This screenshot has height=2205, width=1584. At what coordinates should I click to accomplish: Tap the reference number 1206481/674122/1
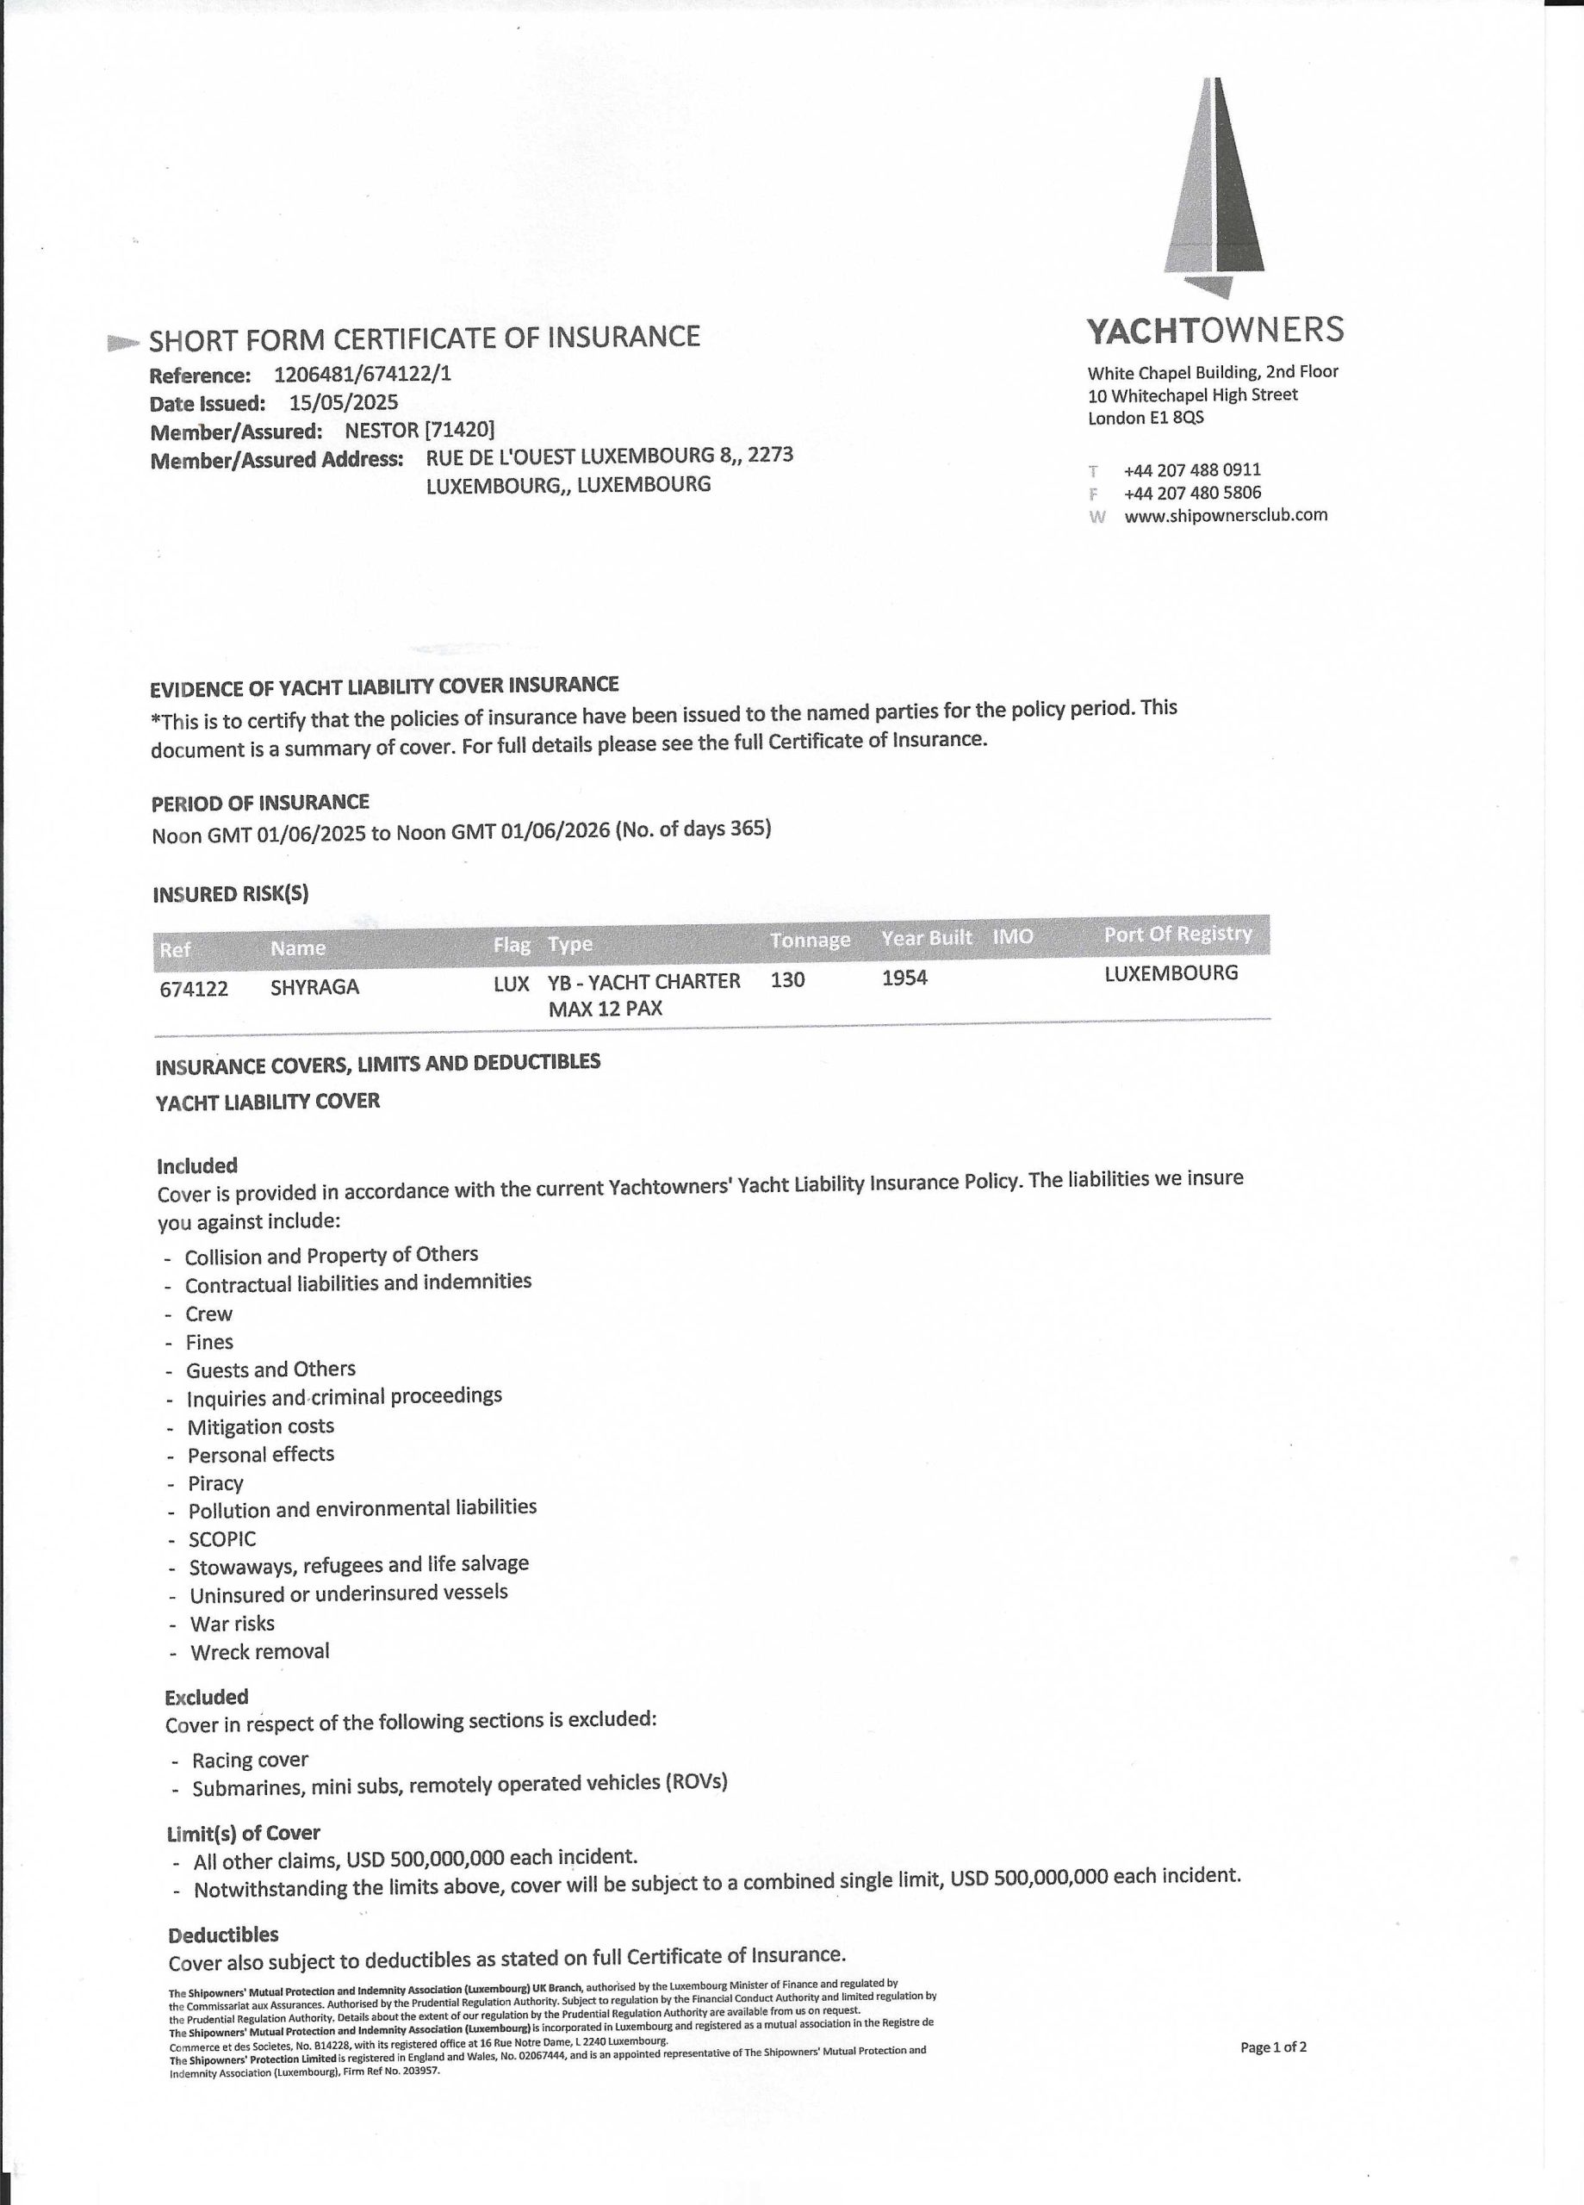click(363, 375)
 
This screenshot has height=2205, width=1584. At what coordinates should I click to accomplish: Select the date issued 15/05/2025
click(344, 402)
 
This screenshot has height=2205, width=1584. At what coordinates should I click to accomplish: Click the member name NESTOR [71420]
click(419, 431)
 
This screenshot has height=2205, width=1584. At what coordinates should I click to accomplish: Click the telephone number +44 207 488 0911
click(1192, 469)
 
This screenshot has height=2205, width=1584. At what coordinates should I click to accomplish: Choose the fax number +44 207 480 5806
click(1192, 493)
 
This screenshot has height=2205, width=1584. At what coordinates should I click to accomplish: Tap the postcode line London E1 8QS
click(1146, 418)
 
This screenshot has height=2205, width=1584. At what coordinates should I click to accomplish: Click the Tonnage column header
click(810, 940)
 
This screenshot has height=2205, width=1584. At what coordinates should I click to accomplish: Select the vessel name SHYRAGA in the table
click(315, 987)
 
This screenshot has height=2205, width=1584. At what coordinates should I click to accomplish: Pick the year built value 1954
click(904, 978)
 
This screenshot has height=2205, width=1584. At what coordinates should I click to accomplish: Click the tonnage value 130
click(787, 980)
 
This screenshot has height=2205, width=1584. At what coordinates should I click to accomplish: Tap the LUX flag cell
click(511, 984)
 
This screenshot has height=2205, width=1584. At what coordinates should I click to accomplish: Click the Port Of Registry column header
click(1177, 935)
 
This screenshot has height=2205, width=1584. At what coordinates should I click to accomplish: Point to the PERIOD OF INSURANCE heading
click(259, 803)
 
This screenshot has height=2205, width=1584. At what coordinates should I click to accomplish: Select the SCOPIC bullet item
click(223, 1539)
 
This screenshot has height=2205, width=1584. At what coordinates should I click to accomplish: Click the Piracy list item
click(216, 1483)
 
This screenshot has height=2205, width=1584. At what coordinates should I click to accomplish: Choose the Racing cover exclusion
click(250, 1760)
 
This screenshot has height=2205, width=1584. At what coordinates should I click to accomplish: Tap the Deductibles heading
click(224, 1935)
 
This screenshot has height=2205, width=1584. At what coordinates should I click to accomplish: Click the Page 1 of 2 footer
click(1273, 2047)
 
